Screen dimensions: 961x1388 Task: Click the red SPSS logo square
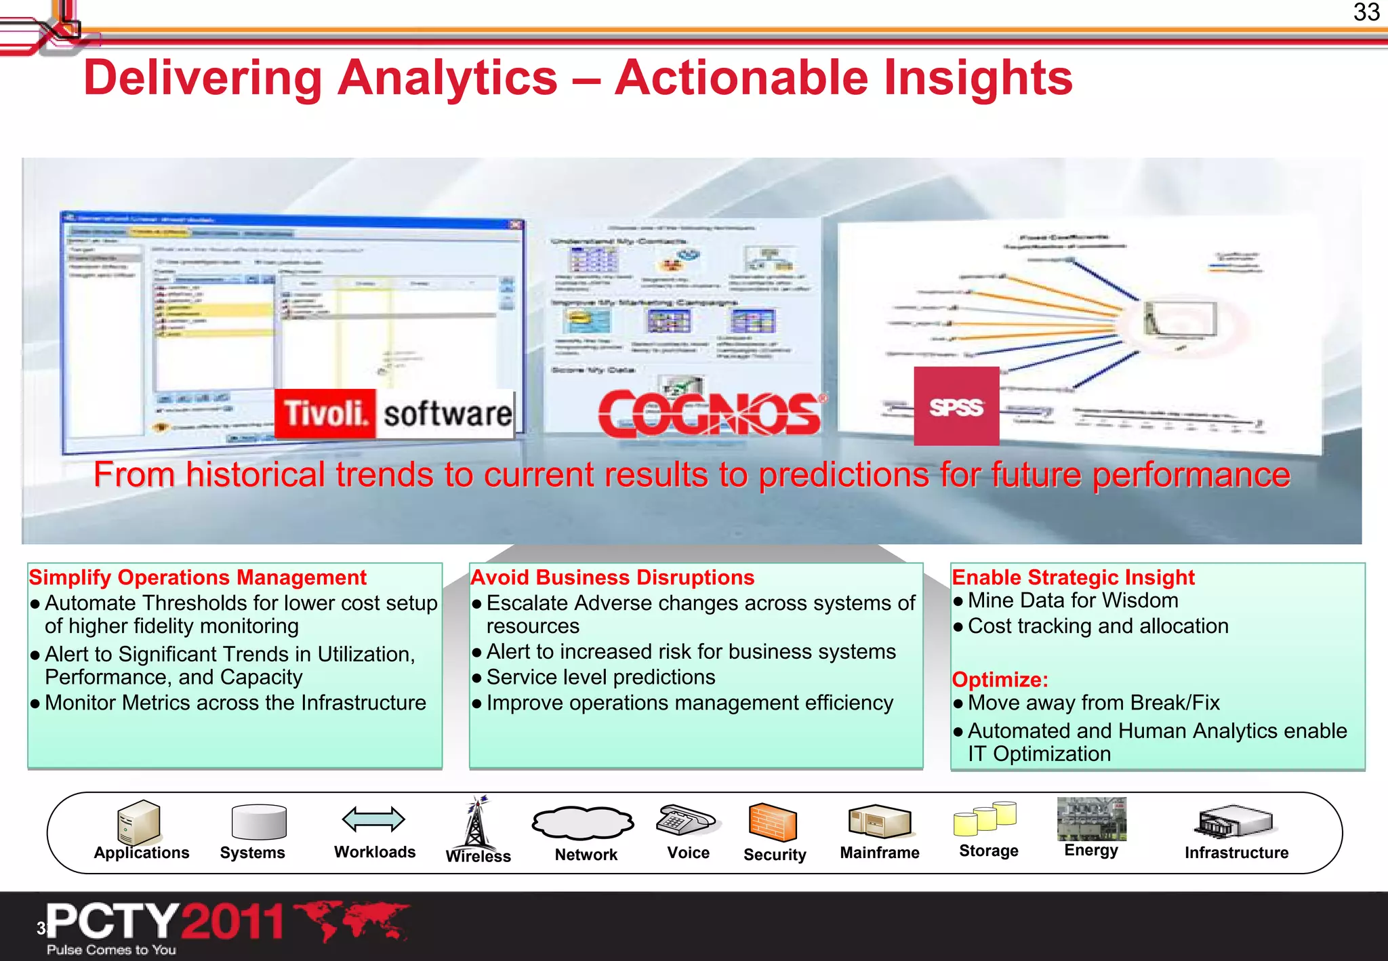(956, 406)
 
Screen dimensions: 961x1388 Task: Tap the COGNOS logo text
(709, 413)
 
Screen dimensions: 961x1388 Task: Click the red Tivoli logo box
(325, 413)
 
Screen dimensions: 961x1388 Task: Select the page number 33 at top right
(1366, 12)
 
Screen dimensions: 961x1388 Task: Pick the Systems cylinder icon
(258, 822)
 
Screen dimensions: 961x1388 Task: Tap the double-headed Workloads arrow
(373, 819)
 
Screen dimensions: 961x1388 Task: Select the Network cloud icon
(582, 823)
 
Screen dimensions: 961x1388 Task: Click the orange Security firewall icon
(772, 822)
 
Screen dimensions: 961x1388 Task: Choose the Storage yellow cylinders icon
(985, 819)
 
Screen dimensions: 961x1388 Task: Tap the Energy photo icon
(1091, 818)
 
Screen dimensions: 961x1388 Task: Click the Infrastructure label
(1236, 853)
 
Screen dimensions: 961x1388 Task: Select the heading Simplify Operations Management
(197, 577)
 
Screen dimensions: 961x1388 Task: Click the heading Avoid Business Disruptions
(612, 577)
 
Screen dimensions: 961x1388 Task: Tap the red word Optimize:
(1000, 679)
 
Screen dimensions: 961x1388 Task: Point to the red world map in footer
(353, 920)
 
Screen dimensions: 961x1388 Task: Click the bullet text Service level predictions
(600, 677)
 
